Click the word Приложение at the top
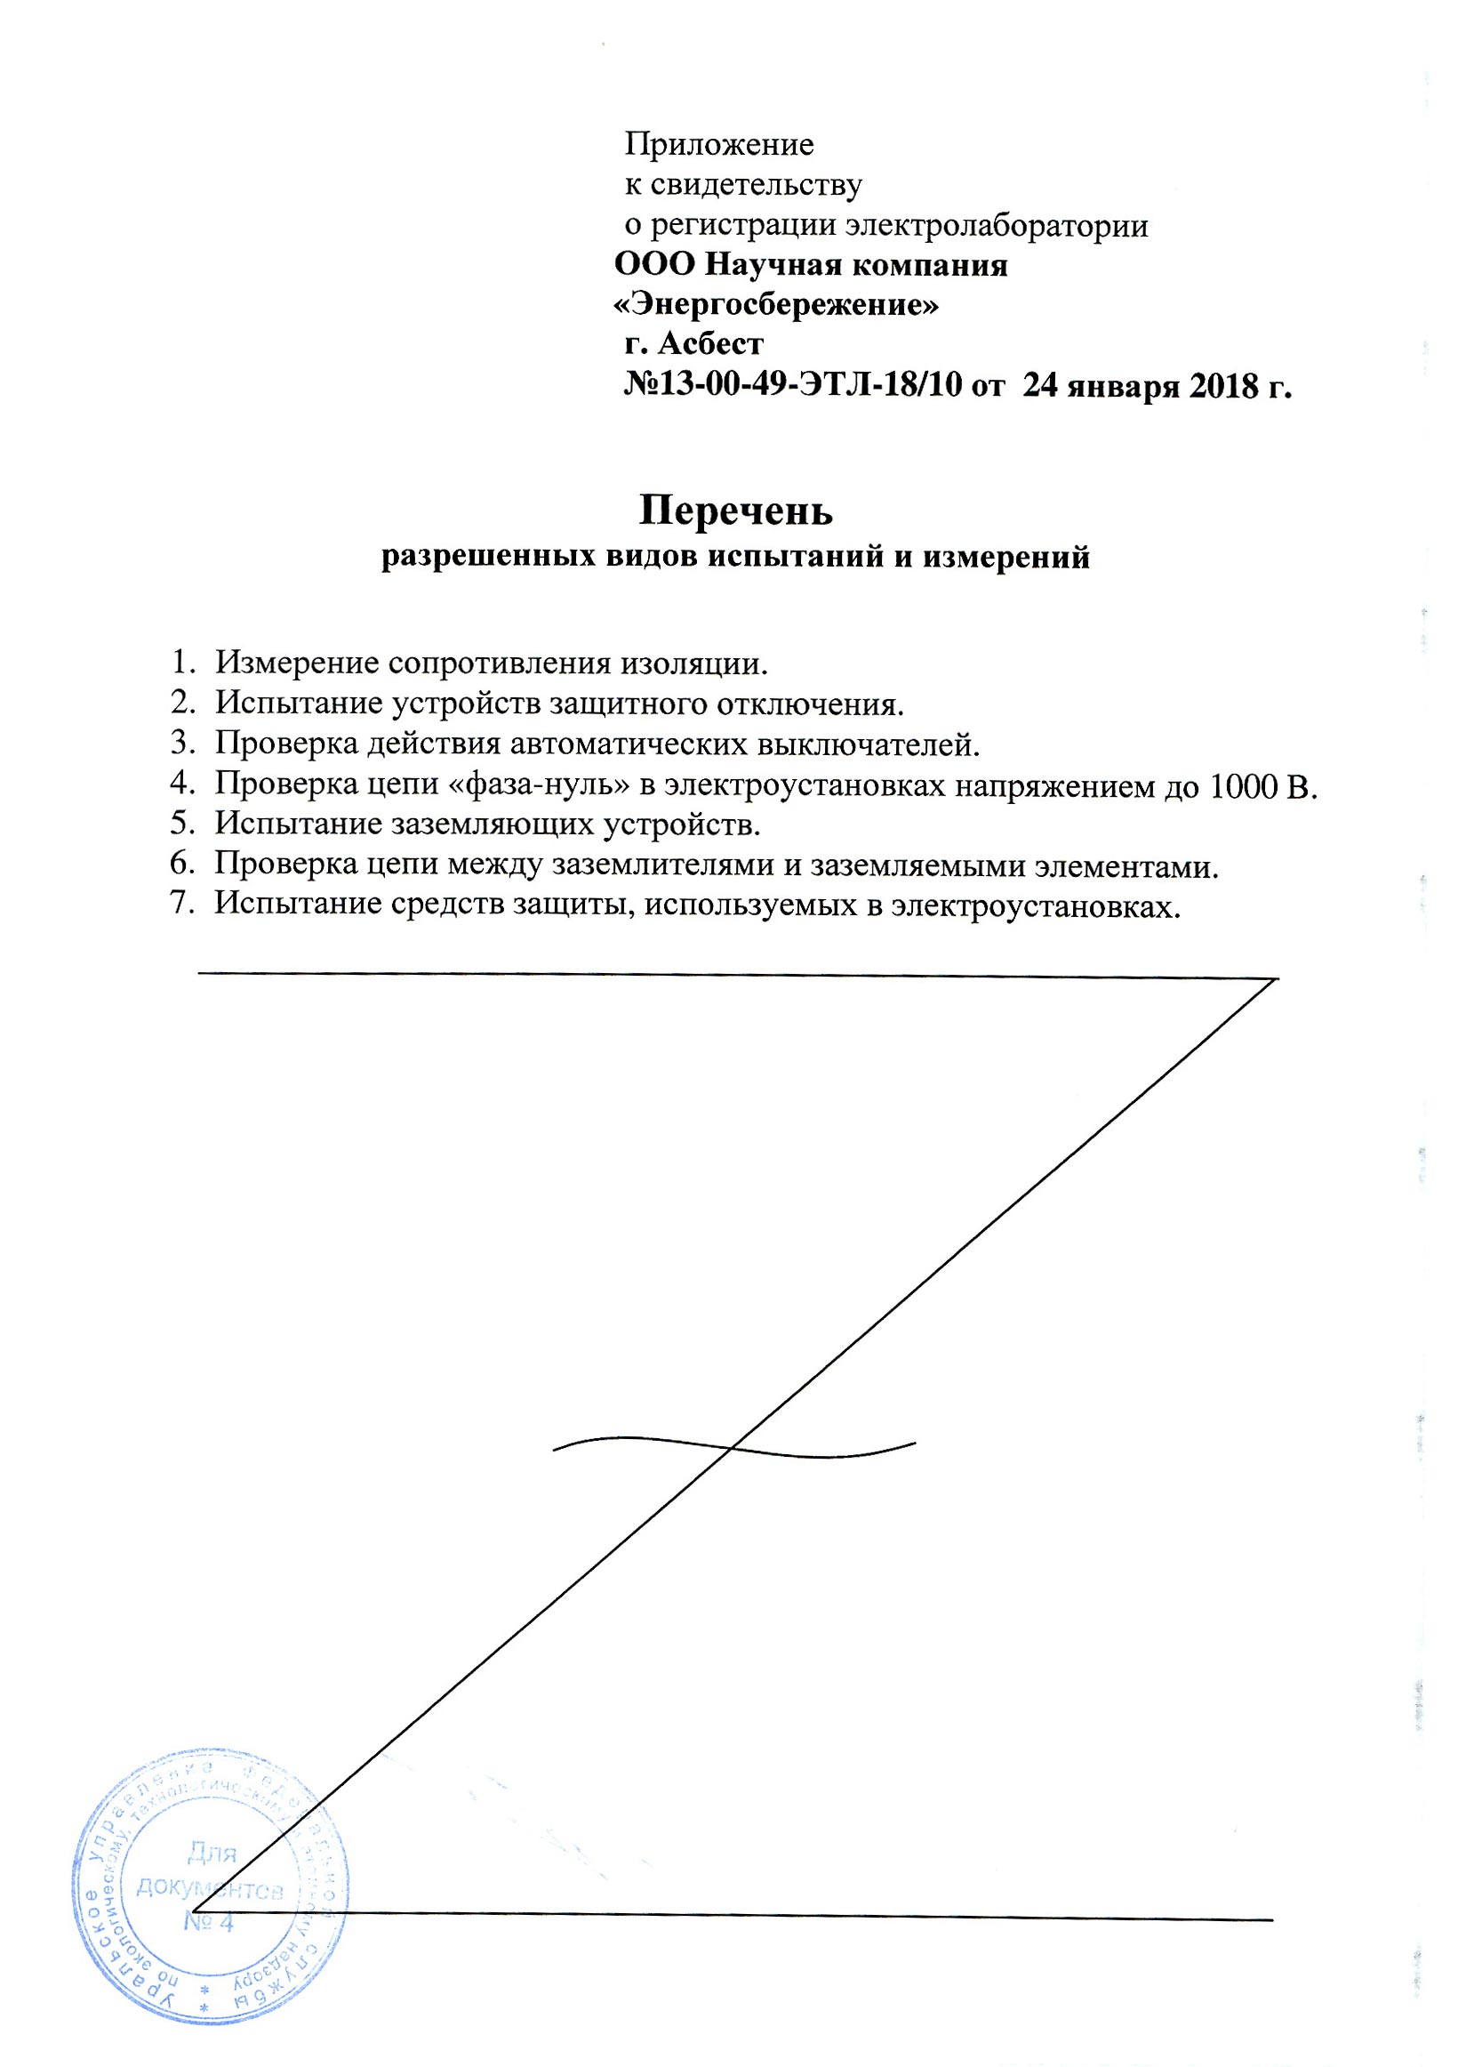click(719, 144)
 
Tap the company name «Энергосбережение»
click(775, 305)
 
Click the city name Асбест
click(711, 344)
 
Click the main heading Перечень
click(736, 511)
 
